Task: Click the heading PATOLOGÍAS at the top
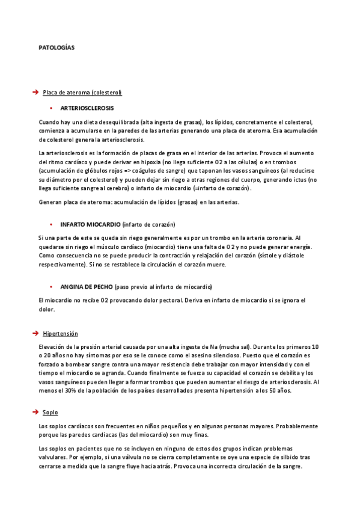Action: tap(56, 48)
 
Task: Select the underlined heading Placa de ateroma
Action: tap(82, 92)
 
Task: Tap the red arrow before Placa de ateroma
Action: tap(35, 92)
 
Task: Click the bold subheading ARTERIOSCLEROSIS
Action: tap(87, 108)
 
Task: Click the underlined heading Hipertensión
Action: tap(60, 333)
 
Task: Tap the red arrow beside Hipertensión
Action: tap(35, 333)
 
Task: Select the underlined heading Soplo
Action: tap(50, 412)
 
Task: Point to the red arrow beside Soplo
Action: tap(35, 412)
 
